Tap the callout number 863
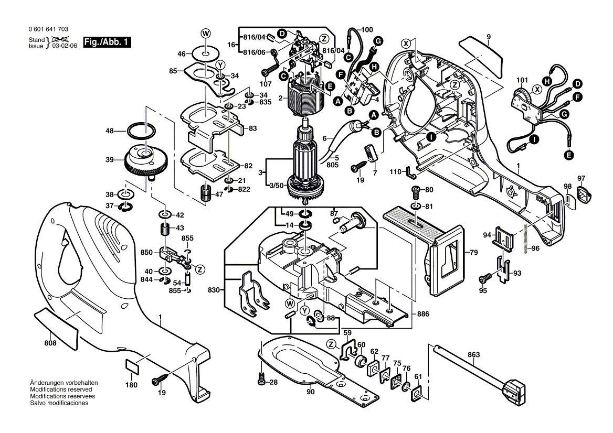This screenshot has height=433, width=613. [473, 355]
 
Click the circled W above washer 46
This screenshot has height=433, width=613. [206, 33]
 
